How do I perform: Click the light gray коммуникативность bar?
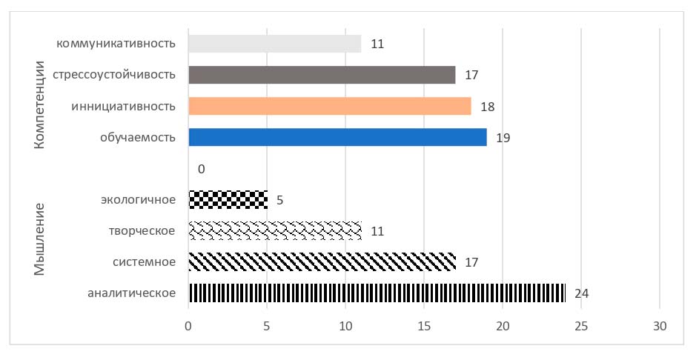point(274,44)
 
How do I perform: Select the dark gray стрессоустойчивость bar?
point(322,75)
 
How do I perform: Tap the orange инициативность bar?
point(330,106)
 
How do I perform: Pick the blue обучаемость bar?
point(337,137)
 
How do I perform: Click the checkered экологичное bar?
point(228,199)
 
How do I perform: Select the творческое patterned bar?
point(274,230)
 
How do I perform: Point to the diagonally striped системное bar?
point(322,261)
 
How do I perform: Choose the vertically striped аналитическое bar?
point(377,293)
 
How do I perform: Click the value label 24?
point(582,294)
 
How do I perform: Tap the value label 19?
point(503,138)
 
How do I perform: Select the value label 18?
point(487,107)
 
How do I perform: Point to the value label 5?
point(280,200)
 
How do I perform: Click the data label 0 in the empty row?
point(201,169)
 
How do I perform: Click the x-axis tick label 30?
point(660,327)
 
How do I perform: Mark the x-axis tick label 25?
point(581,327)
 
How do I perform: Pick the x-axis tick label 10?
point(345,327)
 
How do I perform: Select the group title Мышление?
point(41,239)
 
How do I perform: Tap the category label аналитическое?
point(131,293)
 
